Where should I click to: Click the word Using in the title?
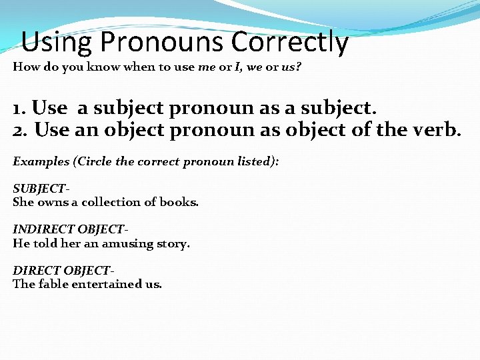click(56, 42)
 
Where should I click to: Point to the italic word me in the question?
click(207, 67)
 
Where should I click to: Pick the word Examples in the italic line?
click(39, 161)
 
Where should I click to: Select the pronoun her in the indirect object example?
click(70, 243)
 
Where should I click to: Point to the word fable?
click(53, 283)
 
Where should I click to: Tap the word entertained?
click(107, 283)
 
